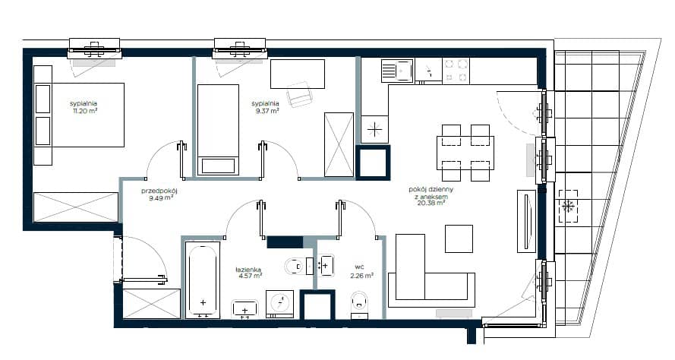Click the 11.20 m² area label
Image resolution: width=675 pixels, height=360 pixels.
pyautogui.click(x=85, y=111)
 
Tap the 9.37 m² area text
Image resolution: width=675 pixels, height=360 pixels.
pyautogui.click(x=267, y=111)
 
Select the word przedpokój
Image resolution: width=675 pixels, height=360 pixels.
pyautogui.click(x=159, y=191)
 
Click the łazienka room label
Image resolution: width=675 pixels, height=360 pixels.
pyautogui.click(x=248, y=270)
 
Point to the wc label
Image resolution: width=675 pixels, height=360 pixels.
pyautogui.click(x=359, y=267)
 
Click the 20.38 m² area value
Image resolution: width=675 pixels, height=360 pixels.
pyautogui.click(x=431, y=204)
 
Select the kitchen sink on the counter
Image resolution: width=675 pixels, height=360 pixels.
pyautogui.click(x=396, y=70)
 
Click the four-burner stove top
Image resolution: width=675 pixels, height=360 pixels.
pyautogui.click(x=456, y=70)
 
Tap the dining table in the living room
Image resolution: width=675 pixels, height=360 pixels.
pyautogui.click(x=465, y=153)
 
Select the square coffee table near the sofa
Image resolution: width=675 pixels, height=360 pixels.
pyautogui.click(x=459, y=238)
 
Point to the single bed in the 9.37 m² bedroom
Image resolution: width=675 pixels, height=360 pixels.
pyautogui.click(x=218, y=130)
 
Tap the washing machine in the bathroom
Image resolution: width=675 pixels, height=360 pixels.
pyautogui.click(x=280, y=305)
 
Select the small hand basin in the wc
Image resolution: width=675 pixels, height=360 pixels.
pyautogui.click(x=326, y=266)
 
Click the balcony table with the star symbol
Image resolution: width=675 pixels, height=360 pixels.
pyautogui.click(x=568, y=207)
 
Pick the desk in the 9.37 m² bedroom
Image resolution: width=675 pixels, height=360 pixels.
pyautogui.click(x=298, y=74)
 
